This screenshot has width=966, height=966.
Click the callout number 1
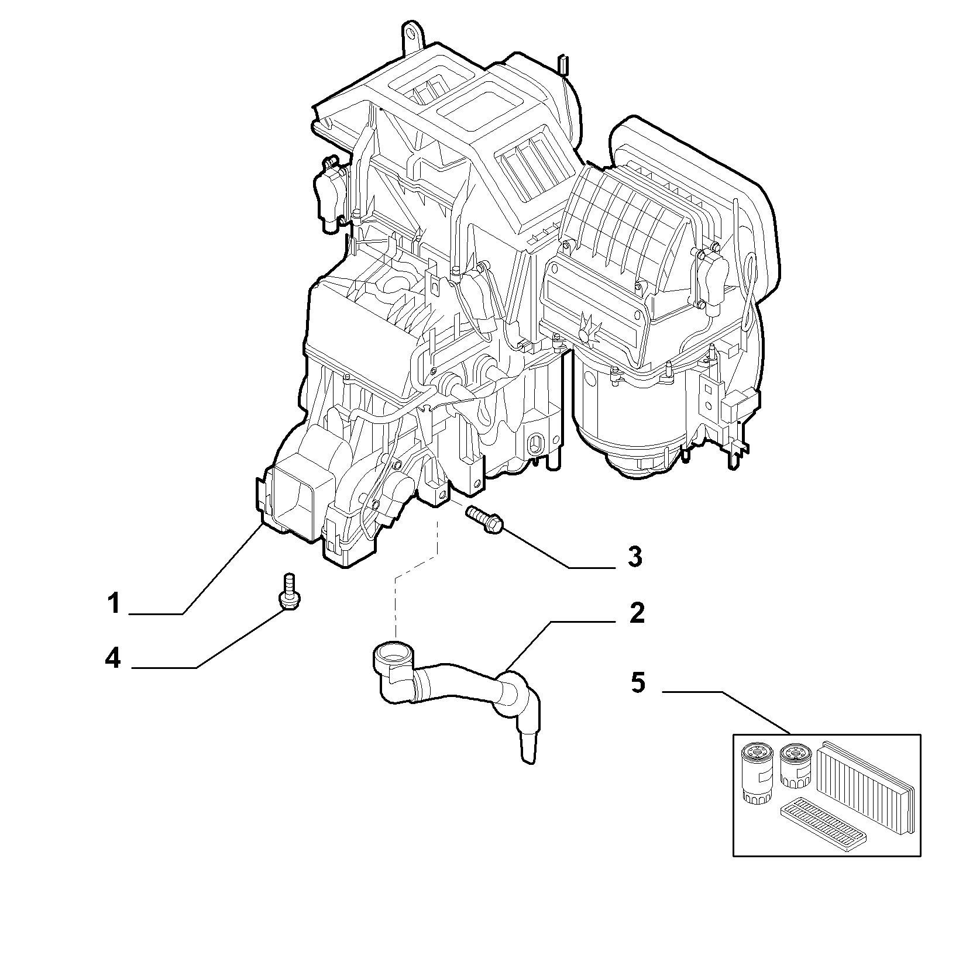pos(114,603)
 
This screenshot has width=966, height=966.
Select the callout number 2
pos(637,612)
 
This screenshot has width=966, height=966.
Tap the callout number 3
pos(635,557)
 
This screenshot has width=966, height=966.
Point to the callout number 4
pos(113,659)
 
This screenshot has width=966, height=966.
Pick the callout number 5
pos(638,682)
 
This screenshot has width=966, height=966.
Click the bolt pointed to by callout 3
pos(485,520)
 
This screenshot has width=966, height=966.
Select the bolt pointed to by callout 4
pos(287,592)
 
